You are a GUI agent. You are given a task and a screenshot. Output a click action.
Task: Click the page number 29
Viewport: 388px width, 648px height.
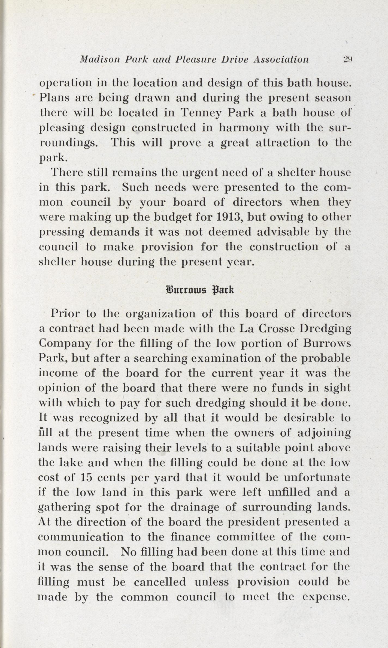pyautogui.click(x=348, y=59)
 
